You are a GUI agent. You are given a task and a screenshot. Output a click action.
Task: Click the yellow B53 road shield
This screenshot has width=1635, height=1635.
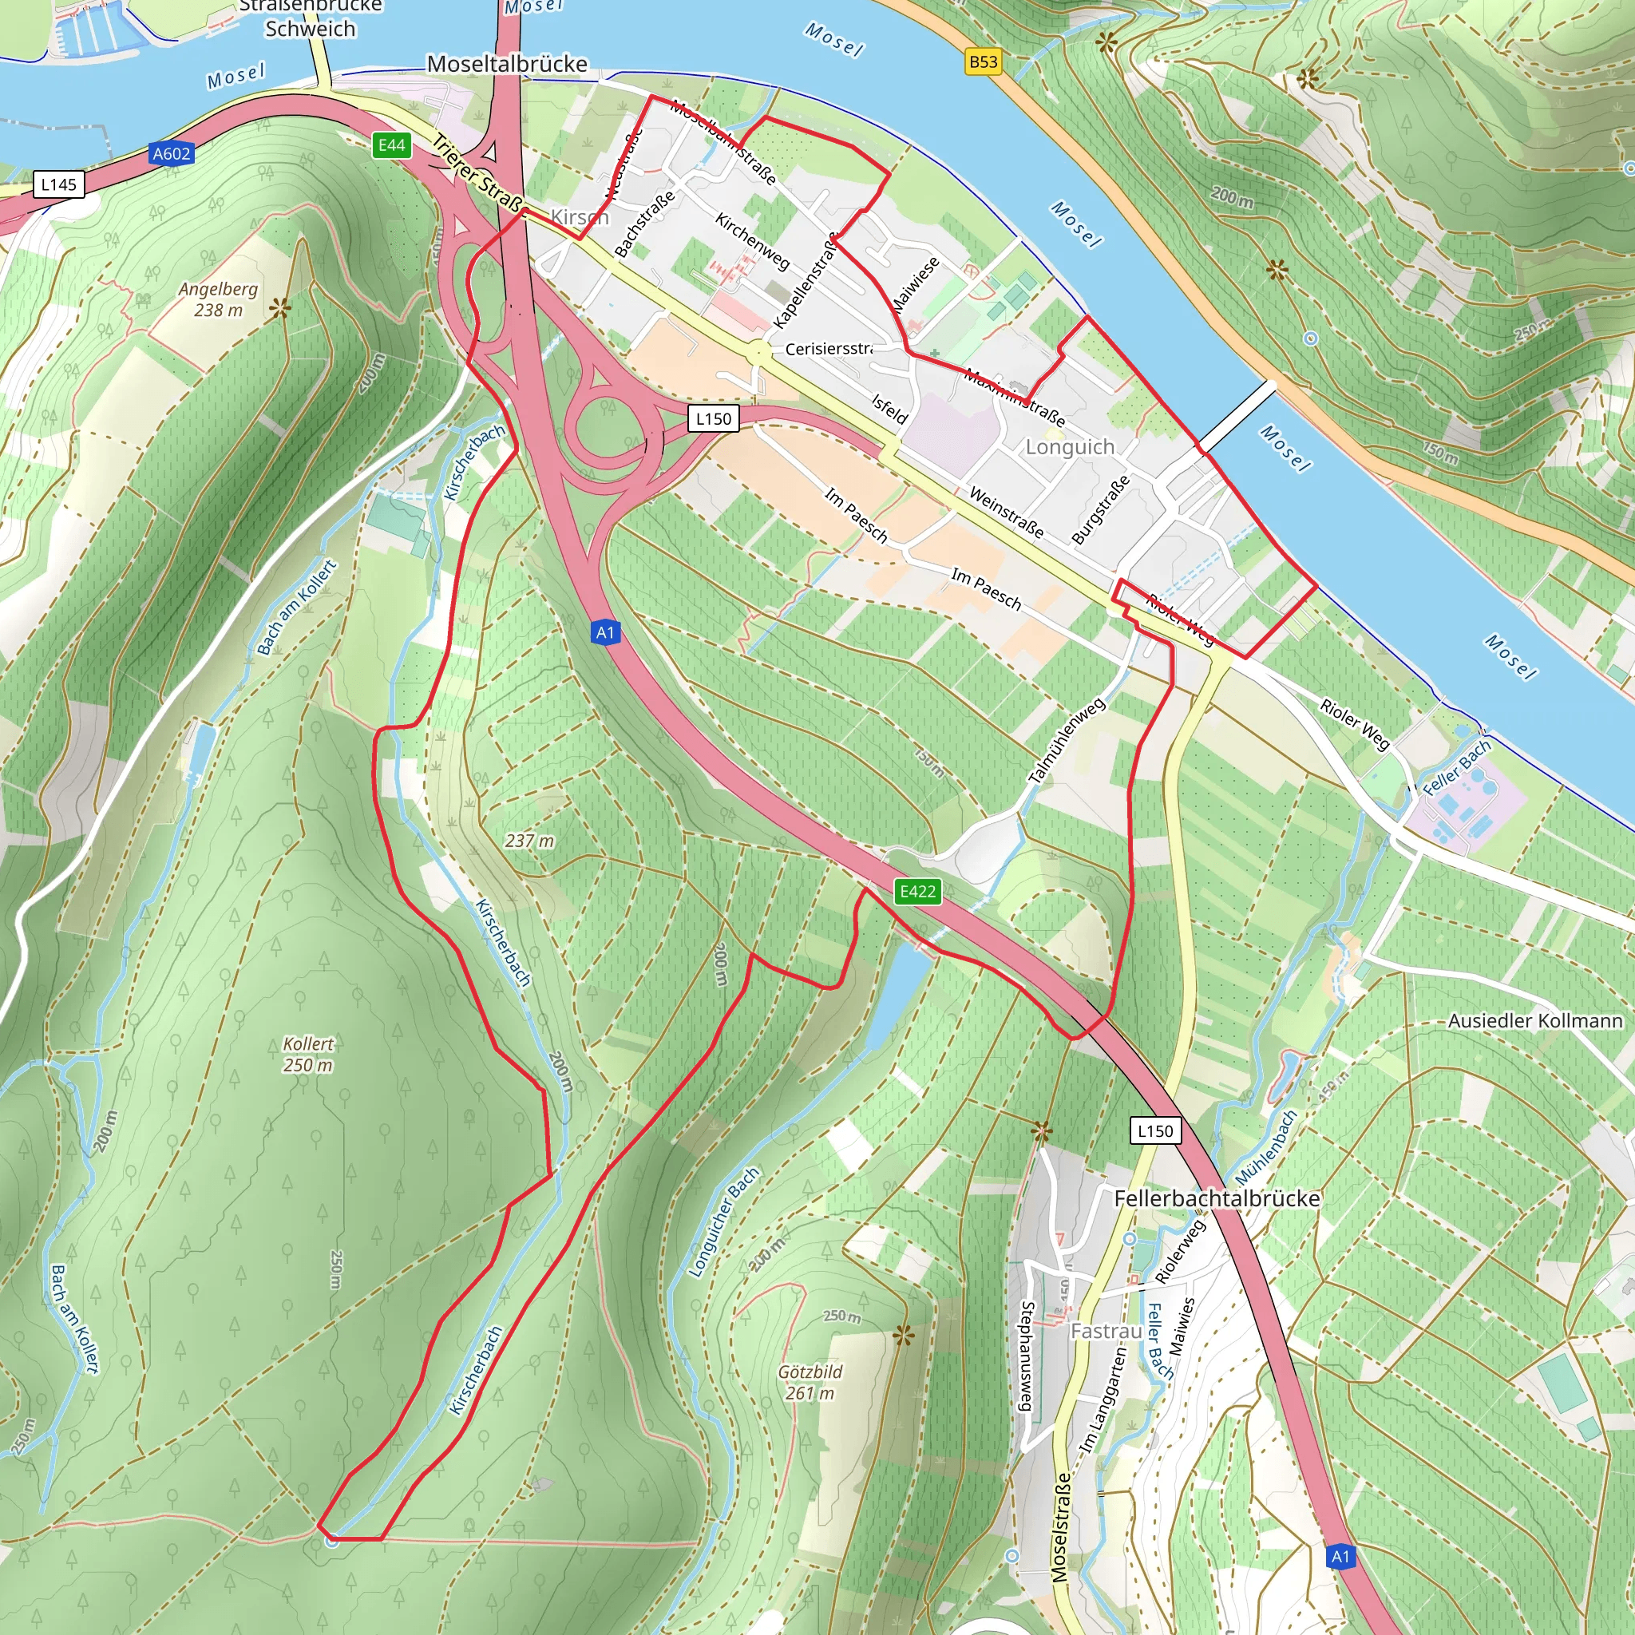[983, 61]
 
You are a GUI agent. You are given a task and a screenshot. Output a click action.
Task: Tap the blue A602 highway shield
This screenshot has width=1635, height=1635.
[172, 154]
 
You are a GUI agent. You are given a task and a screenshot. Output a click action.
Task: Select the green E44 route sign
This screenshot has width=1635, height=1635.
[391, 145]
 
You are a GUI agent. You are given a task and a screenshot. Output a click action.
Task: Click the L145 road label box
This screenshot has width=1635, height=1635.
[59, 184]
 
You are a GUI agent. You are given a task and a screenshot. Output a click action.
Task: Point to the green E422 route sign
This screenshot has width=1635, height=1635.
[917, 891]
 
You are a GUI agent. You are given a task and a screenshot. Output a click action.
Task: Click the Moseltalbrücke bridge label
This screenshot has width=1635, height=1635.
[507, 65]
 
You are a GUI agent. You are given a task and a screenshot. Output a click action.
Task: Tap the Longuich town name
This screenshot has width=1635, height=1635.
[1070, 447]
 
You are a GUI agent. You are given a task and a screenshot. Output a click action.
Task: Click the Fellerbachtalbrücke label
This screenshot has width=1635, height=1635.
[1216, 1199]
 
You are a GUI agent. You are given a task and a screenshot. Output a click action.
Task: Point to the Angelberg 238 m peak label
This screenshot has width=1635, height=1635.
[218, 299]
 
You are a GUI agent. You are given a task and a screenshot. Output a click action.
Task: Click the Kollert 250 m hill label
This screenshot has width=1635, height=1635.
[308, 1055]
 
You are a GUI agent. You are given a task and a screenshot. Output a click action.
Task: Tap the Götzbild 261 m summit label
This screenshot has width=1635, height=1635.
[810, 1382]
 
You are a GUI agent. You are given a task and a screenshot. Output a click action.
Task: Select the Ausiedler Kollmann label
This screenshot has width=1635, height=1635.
[1534, 1021]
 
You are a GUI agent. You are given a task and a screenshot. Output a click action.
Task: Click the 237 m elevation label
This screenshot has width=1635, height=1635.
[529, 841]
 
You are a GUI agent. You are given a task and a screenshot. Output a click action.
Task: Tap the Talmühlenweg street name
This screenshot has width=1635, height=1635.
[1067, 741]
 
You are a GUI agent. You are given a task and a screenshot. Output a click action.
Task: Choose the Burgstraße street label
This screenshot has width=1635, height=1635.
[1100, 509]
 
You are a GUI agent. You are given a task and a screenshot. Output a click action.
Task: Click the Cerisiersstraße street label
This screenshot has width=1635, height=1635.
[828, 349]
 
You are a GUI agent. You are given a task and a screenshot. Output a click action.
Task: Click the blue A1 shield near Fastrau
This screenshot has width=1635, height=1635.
[1340, 1556]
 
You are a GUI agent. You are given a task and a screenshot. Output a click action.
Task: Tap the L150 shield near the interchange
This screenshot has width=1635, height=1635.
[714, 419]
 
